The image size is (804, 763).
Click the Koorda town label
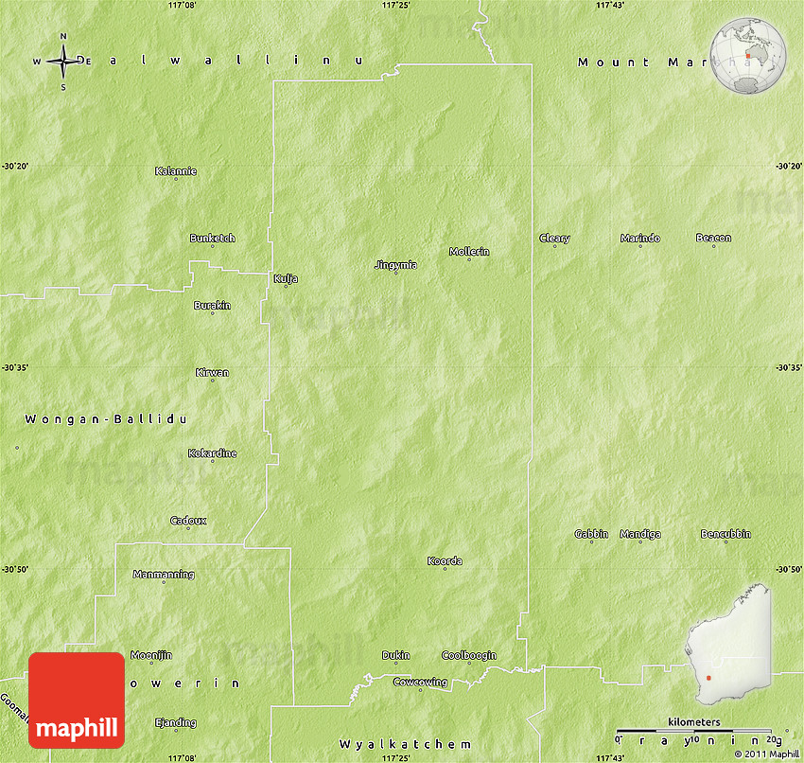click(445, 561)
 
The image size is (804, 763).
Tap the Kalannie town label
click(176, 171)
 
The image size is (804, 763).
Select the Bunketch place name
click(212, 239)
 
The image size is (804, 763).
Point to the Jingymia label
click(395, 265)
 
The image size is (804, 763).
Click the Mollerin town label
click(469, 251)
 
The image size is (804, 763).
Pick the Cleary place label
click(554, 239)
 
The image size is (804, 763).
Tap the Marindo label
click(640, 239)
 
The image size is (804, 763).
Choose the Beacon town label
click(713, 238)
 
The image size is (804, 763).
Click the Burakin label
click(212, 306)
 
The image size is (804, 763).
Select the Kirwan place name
click(212, 373)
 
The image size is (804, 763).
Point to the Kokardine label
click(213, 453)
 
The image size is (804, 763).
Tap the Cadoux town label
click(188, 521)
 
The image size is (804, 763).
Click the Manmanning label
click(164, 575)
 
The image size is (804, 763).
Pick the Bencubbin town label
click(725, 534)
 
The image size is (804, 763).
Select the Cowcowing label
click(420, 682)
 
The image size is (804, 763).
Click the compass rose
click(63, 62)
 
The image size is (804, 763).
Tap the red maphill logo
click(77, 701)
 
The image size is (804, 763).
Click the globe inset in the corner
click(748, 56)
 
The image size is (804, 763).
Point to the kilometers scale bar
click(693, 731)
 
